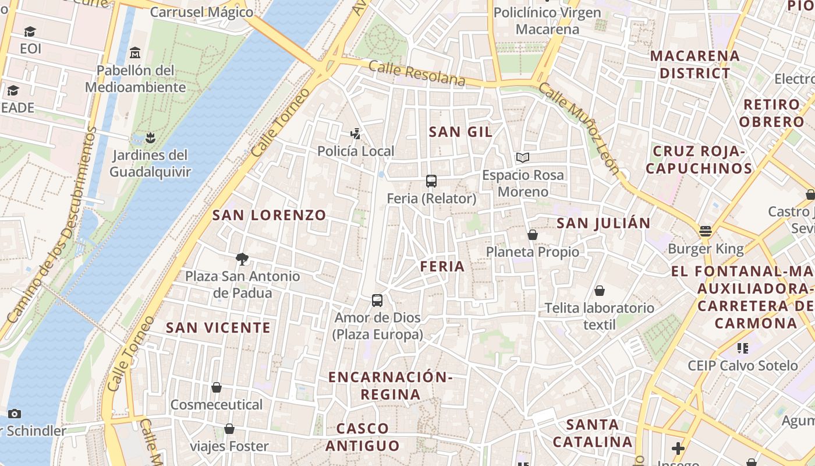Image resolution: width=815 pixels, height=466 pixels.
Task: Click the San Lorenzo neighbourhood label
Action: pyautogui.click(x=269, y=215)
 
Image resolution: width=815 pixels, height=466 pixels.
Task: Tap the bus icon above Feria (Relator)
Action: pyautogui.click(x=431, y=181)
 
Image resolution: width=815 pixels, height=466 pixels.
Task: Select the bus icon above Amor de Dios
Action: pyautogui.click(x=377, y=301)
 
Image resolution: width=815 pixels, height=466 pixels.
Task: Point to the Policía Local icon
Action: pyautogui.click(x=355, y=134)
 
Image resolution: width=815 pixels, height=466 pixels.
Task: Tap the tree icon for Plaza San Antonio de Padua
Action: pyautogui.click(x=242, y=259)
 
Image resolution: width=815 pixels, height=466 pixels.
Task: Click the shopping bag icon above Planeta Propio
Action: pyautogui.click(x=532, y=235)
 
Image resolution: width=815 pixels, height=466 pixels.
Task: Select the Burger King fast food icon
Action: pyautogui.click(x=706, y=231)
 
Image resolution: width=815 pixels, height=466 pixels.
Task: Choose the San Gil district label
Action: pyautogui.click(x=460, y=132)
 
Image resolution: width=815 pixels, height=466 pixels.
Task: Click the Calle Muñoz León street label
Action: pyautogui.click(x=579, y=129)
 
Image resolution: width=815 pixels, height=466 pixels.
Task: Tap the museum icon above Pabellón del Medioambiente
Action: pyautogui.click(x=135, y=53)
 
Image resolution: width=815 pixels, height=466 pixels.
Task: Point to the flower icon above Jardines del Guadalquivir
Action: pyautogui.click(x=150, y=137)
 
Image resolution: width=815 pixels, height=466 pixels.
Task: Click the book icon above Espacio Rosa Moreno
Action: pyautogui.click(x=523, y=157)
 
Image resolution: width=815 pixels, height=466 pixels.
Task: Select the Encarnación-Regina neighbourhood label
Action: pyautogui.click(x=390, y=386)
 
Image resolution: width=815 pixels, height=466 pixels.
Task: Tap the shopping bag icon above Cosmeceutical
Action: pyautogui.click(x=217, y=387)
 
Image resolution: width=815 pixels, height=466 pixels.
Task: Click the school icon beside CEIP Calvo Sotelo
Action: pyautogui.click(x=742, y=348)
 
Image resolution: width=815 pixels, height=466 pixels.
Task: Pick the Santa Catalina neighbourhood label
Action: pyautogui.click(x=593, y=433)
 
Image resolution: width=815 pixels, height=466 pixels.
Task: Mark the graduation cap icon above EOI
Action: pyautogui.click(x=30, y=31)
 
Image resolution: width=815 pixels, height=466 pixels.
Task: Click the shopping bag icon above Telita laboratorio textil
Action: pyautogui.click(x=600, y=291)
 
